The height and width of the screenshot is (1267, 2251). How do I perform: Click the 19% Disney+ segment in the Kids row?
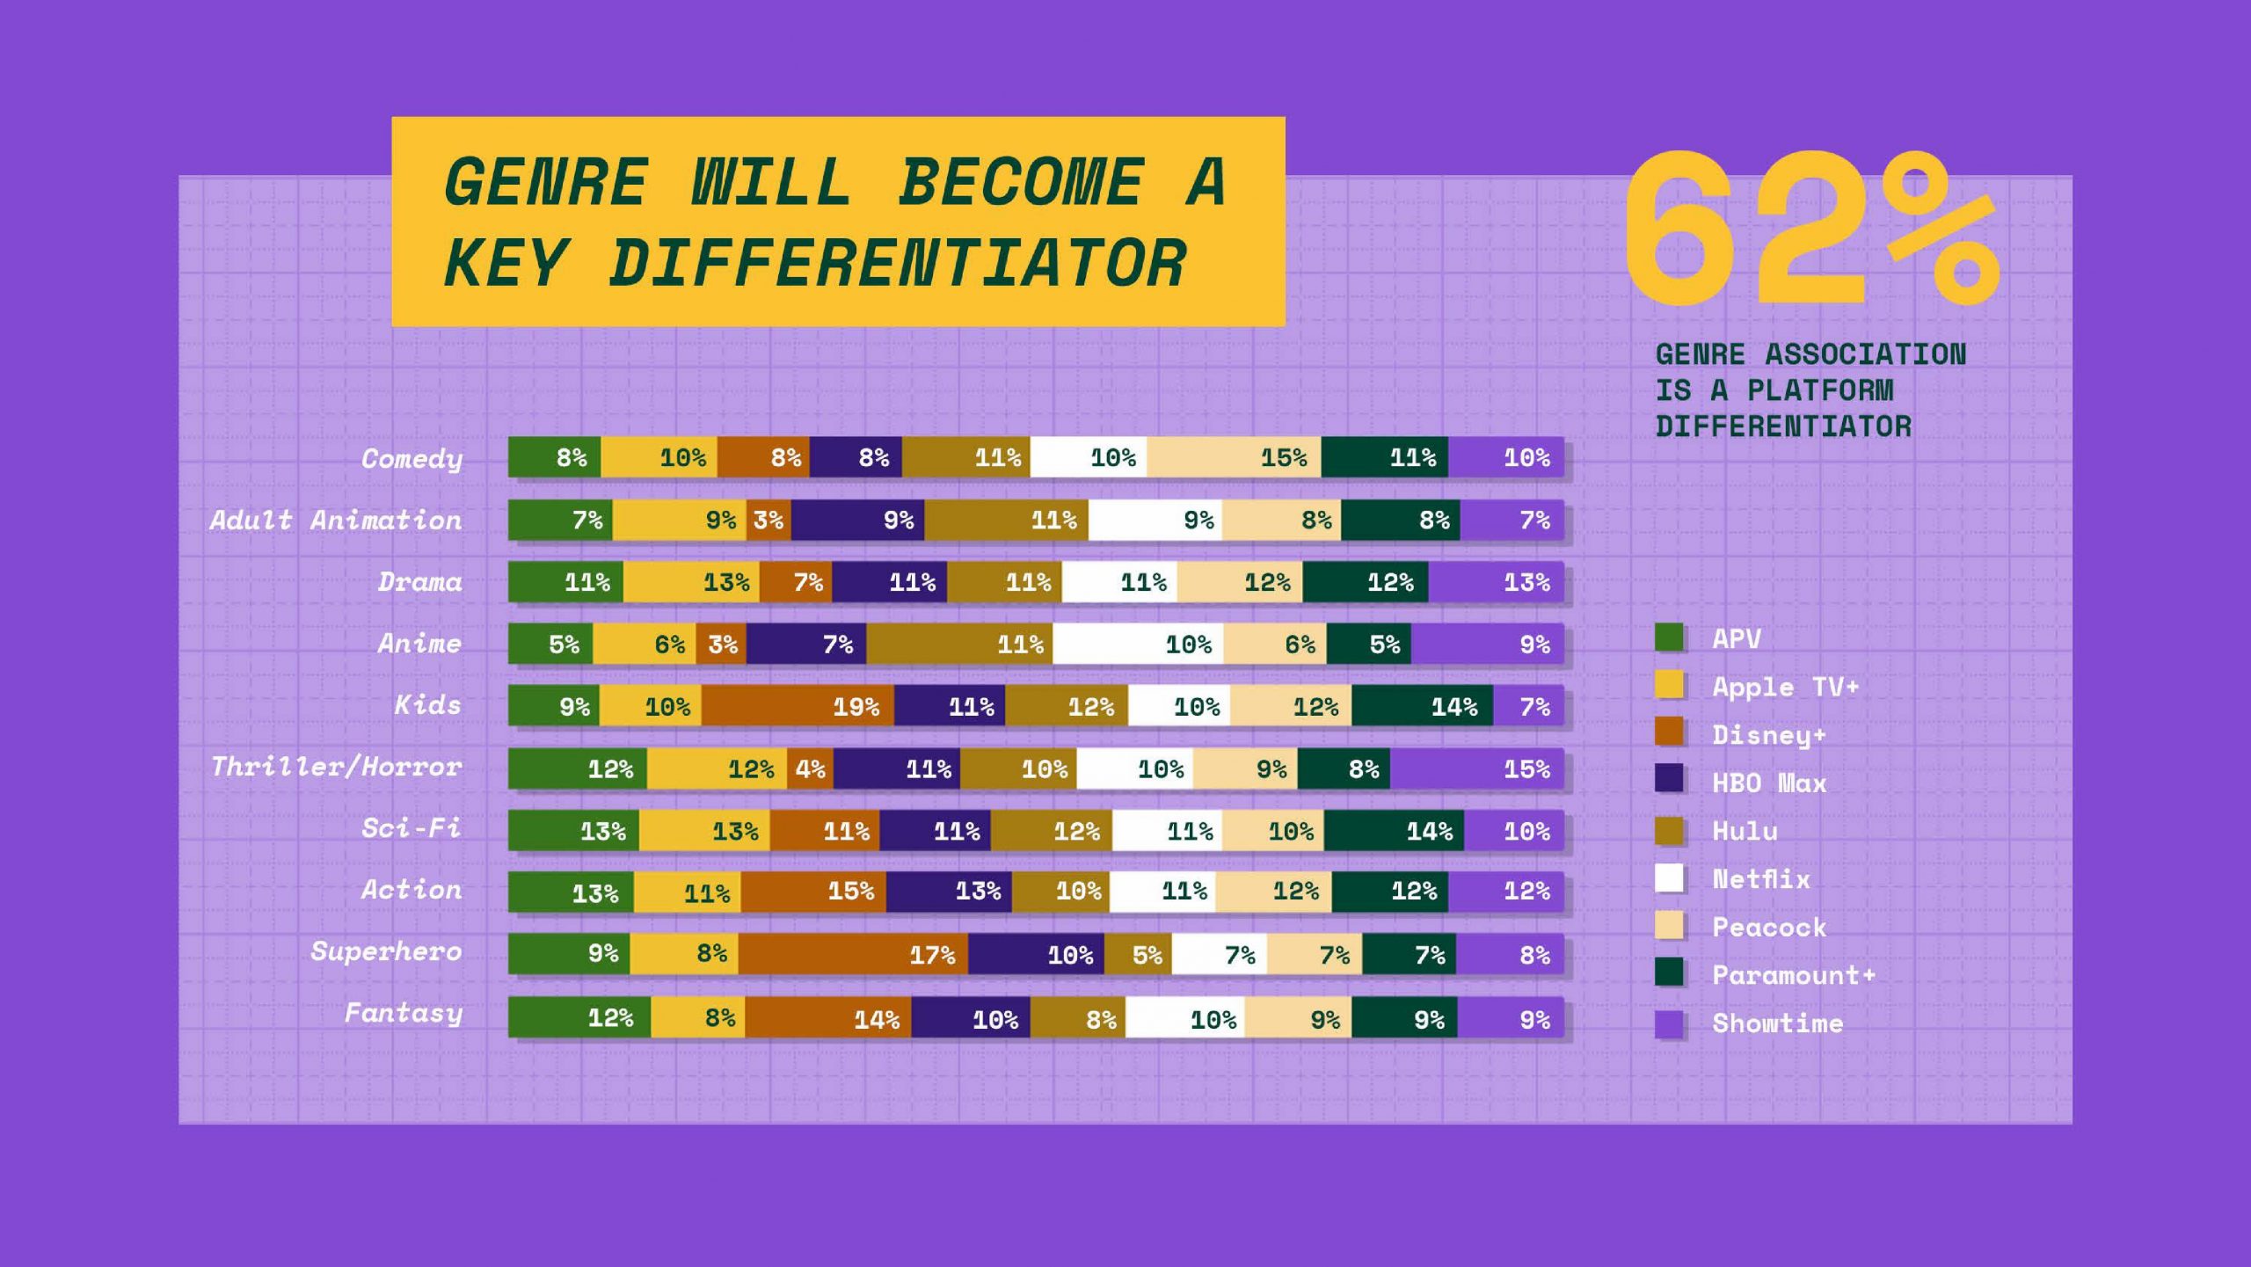tap(798, 705)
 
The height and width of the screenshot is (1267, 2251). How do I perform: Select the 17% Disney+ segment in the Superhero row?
tap(853, 954)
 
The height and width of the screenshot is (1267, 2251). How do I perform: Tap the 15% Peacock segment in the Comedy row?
tap(1234, 457)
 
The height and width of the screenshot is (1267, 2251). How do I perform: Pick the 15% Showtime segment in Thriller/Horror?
tap(1476, 768)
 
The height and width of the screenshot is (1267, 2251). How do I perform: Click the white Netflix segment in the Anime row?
tap(1138, 644)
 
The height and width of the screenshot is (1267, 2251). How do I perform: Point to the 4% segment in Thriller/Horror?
tap(810, 768)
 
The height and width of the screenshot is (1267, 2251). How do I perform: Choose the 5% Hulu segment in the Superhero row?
tap(1138, 954)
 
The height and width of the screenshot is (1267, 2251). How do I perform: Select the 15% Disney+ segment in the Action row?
tap(813, 892)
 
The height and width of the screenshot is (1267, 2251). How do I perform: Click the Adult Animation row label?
tap(336, 520)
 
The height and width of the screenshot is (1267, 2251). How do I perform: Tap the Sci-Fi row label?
tap(412, 827)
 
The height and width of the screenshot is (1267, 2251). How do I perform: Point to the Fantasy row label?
tap(404, 1014)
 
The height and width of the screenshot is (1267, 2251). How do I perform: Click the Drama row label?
tap(420, 581)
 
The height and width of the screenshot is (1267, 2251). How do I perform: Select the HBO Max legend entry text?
tap(1769, 783)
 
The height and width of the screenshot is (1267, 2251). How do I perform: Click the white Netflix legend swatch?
tap(1669, 877)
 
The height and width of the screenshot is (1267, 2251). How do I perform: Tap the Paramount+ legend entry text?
tap(1794, 975)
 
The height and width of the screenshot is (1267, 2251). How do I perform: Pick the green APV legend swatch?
tap(1669, 637)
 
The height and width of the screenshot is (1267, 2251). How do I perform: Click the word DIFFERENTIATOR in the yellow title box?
tap(898, 263)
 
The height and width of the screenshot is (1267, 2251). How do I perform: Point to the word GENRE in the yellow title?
tap(546, 182)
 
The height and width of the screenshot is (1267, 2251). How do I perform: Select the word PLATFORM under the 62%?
tap(1820, 390)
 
